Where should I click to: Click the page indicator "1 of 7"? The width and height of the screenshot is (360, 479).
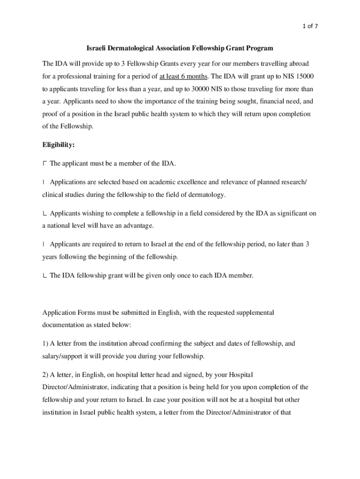310,26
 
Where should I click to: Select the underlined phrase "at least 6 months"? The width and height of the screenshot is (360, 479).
183,76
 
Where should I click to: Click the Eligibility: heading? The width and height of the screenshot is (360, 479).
58,145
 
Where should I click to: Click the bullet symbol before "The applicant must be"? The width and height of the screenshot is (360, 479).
44,163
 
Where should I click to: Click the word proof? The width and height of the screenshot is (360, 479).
51,114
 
